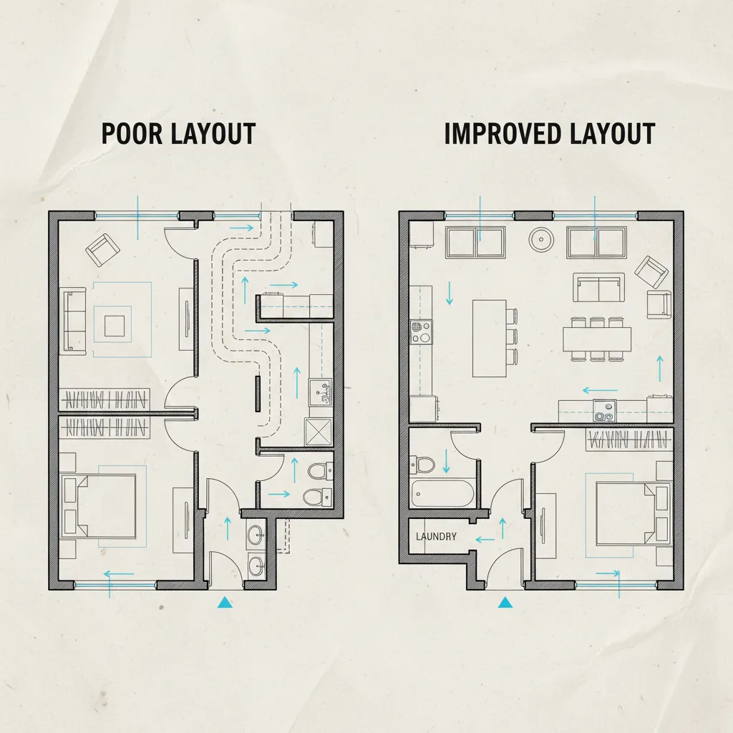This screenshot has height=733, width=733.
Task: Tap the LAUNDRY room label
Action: [x=436, y=536]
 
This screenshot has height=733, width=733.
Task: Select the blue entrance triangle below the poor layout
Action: [x=225, y=602]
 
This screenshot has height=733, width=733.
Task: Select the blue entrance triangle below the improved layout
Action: [x=505, y=602]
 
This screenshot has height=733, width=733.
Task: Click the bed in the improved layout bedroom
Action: [x=634, y=514]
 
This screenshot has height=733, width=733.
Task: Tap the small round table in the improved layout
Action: [x=541, y=239]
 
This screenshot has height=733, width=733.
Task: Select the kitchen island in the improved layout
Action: [x=489, y=339]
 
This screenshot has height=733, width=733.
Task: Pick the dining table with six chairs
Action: [x=596, y=339]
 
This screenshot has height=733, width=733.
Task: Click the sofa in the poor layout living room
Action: [x=74, y=320]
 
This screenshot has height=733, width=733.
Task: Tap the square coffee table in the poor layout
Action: [x=115, y=326]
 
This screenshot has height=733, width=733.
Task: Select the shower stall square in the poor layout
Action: [x=319, y=432]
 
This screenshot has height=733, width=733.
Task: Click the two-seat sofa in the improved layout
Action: [x=598, y=288]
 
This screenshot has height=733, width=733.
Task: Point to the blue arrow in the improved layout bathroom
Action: [x=446, y=461]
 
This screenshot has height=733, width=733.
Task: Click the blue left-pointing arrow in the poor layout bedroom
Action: [x=119, y=574]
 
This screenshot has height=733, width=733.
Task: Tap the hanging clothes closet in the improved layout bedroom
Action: [x=626, y=440]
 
